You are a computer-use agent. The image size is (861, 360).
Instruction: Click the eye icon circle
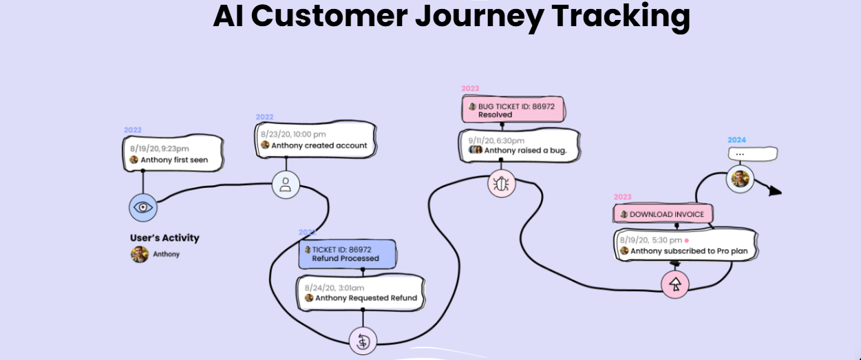[142, 207]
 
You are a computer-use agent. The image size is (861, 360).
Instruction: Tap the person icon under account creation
[286, 184]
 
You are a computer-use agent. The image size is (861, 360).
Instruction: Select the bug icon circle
[501, 183]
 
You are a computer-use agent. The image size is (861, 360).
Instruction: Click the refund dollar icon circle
[363, 340]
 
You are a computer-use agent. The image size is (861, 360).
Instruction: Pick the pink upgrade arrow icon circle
[675, 284]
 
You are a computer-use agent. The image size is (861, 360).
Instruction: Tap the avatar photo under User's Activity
[140, 254]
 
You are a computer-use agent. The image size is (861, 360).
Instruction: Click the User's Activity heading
[164, 238]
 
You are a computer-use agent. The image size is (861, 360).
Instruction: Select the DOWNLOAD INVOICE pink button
[663, 214]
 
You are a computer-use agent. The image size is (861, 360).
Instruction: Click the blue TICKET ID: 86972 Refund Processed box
[348, 254]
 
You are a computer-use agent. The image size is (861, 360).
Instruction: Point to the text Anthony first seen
[174, 160]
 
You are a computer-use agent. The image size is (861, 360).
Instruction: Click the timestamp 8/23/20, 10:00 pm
[293, 134]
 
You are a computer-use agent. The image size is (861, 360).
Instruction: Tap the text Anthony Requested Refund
[365, 298]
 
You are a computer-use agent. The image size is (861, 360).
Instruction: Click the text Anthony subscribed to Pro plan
[689, 251]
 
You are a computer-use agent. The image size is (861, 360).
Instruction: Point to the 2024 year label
[737, 140]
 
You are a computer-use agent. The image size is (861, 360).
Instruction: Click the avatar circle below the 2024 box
[740, 180]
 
